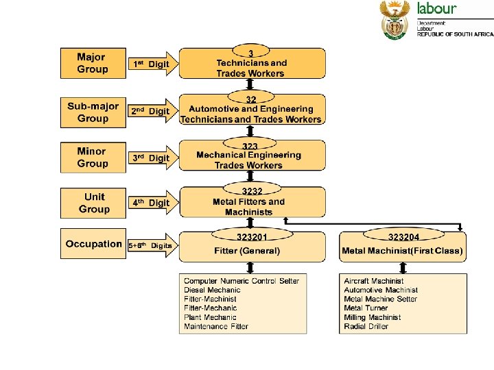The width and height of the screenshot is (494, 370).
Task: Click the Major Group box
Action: point(93,63)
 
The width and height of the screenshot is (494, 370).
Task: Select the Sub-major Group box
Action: point(93,112)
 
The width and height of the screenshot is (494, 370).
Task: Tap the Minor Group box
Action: point(93,158)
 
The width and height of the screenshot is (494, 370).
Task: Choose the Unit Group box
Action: point(93,203)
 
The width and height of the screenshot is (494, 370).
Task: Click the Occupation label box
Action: point(93,244)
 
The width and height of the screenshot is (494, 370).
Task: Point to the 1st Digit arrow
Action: point(152,64)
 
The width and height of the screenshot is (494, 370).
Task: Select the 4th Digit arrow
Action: point(152,203)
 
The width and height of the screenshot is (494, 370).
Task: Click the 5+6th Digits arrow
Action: point(152,245)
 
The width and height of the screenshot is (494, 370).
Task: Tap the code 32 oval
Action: point(251,99)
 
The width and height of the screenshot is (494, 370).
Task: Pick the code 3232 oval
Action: point(252,191)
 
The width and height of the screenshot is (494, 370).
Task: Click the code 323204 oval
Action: point(403,236)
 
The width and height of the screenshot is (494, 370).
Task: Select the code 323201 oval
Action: point(252,236)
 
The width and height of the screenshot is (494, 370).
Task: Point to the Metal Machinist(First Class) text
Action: point(403,251)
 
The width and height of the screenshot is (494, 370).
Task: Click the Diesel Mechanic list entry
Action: point(213,290)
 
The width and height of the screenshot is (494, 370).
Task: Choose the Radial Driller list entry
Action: point(366,326)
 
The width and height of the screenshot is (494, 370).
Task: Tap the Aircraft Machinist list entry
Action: point(374,281)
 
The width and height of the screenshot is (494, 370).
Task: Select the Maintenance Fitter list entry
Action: point(216,326)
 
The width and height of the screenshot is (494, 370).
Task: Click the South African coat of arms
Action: point(395,20)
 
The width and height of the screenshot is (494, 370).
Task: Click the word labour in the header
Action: point(436,9)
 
